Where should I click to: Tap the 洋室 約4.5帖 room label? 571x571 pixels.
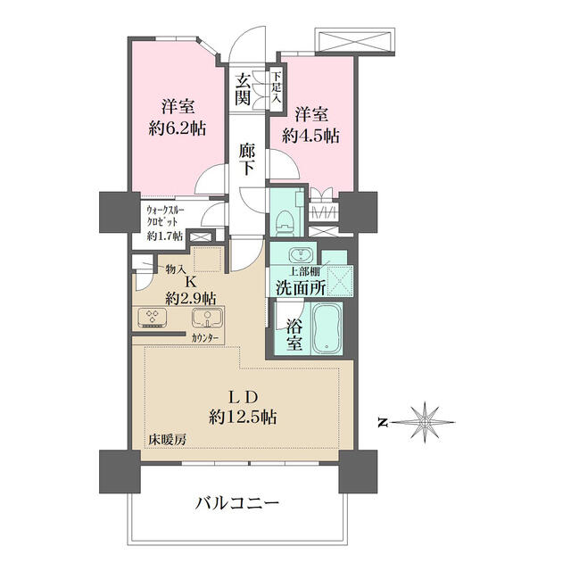click(x=310, y=126)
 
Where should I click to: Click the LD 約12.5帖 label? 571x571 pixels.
click(x=243, y=406)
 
